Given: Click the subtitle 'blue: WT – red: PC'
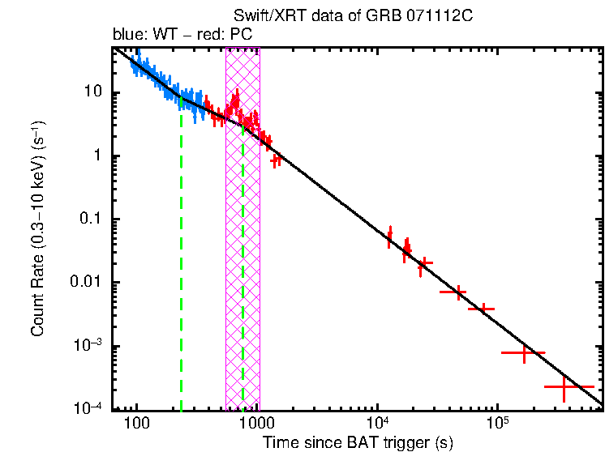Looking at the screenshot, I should click(x=188, y=35).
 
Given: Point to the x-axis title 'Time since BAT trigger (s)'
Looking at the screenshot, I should click(x=358, y=441).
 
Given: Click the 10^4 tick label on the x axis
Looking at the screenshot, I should click(x=377, y=423).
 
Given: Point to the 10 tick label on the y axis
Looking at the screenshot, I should click(x=92, y=92).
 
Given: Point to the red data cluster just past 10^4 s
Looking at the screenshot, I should click(x=390, y=237).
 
